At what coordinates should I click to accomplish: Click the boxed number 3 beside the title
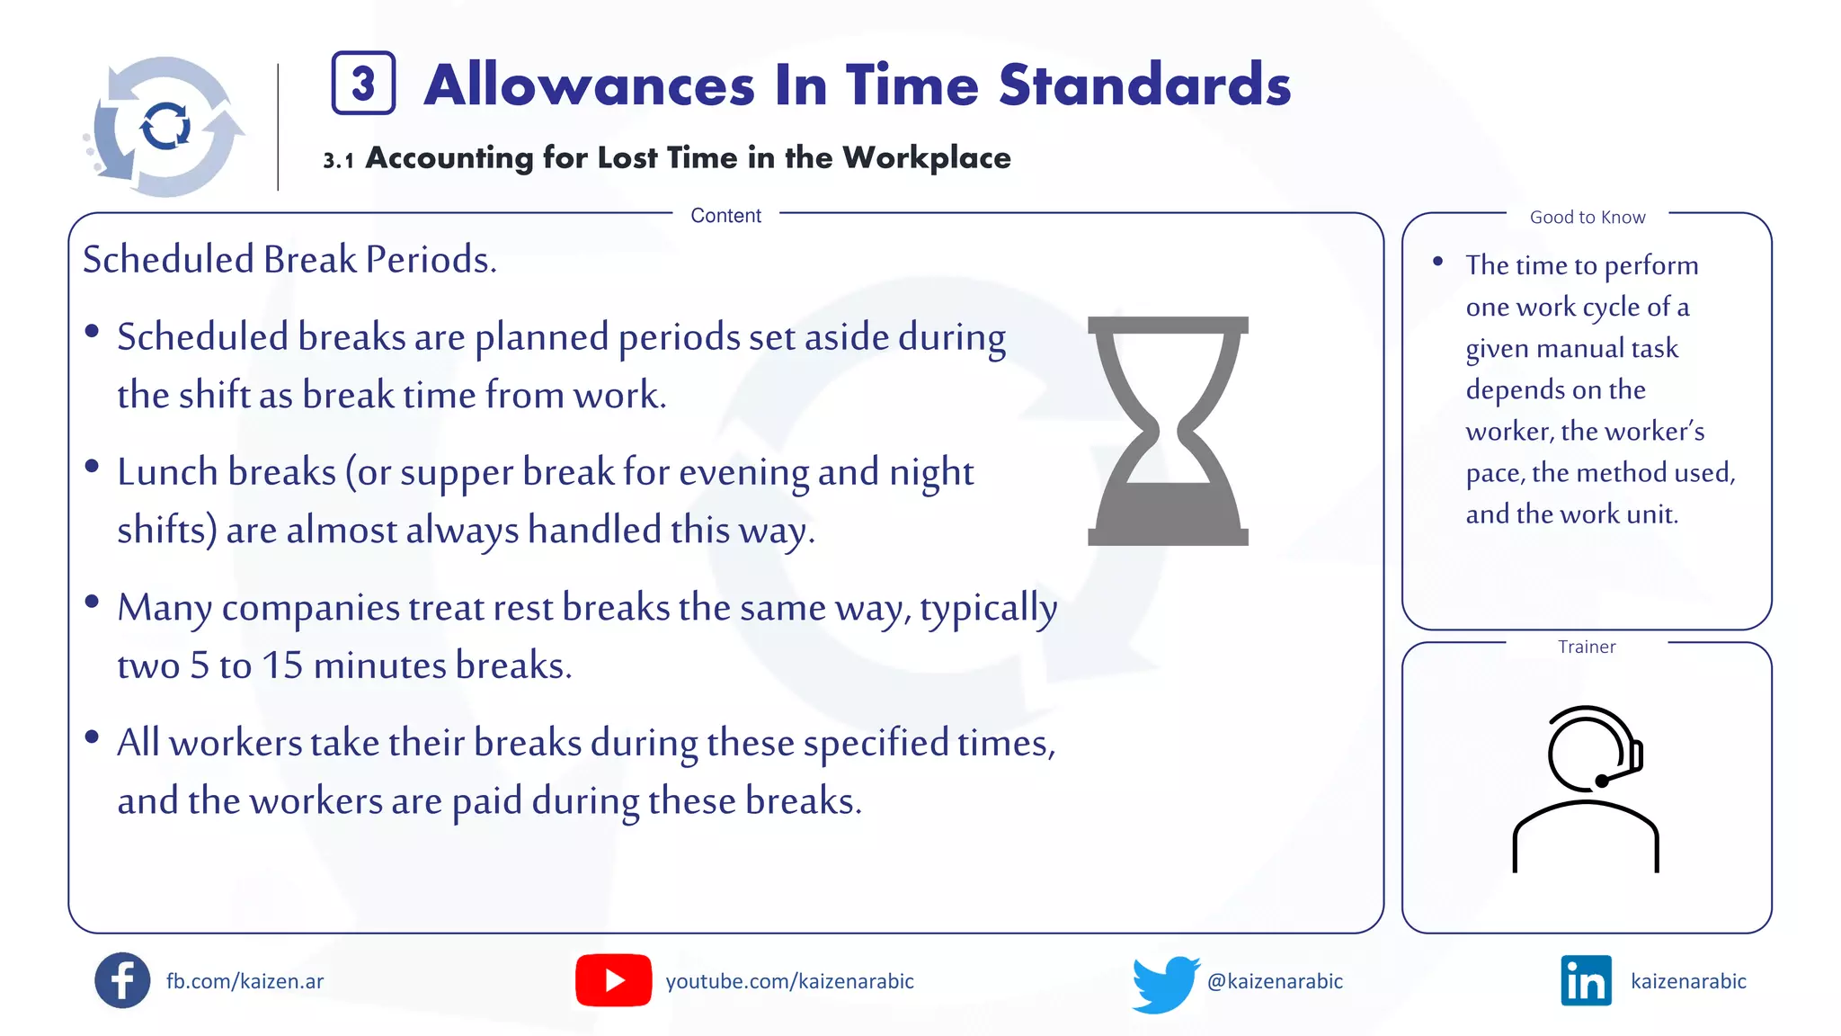pyautogui.click(x=363, y=84)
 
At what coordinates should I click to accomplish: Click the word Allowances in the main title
pyautogui.click(x=590, y=85)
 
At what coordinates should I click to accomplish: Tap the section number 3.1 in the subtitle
pyautogui.click(x=338, y=160)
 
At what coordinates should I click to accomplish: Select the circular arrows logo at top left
pyautogui.click(x=165, y=127)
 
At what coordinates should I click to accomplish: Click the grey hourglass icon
pyautogui.click(x=1168, y=431)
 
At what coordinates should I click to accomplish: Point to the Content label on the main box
pyautogui.click(x=725, y=216)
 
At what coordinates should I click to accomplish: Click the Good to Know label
pyautogui.click(x=1588, y=217)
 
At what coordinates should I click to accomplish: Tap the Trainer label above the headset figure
pyautogui.click(x=1587, y=647)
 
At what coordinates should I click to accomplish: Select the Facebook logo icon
pyautogui.click(x=122, y=980)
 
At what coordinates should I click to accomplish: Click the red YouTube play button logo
pyautogui.click(x=614, y=980)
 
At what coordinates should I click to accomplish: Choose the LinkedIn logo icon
pyautogui.click(x=1587, y=980)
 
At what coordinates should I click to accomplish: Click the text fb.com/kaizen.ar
pyautogui.click(x=245, y=981)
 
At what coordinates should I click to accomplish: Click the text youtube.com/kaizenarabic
pyautogui.click(x=789, y=981)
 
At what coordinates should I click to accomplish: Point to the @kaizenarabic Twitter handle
pyautogui.click(x=1275, y=981)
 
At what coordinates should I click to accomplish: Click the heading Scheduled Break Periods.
pyautogui.click(x=289, y=260)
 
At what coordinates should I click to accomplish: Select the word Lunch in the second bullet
pyautogui.click(x=166, y=472)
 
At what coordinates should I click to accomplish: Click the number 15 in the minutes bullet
pyautogui.click(x=282, y=665)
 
